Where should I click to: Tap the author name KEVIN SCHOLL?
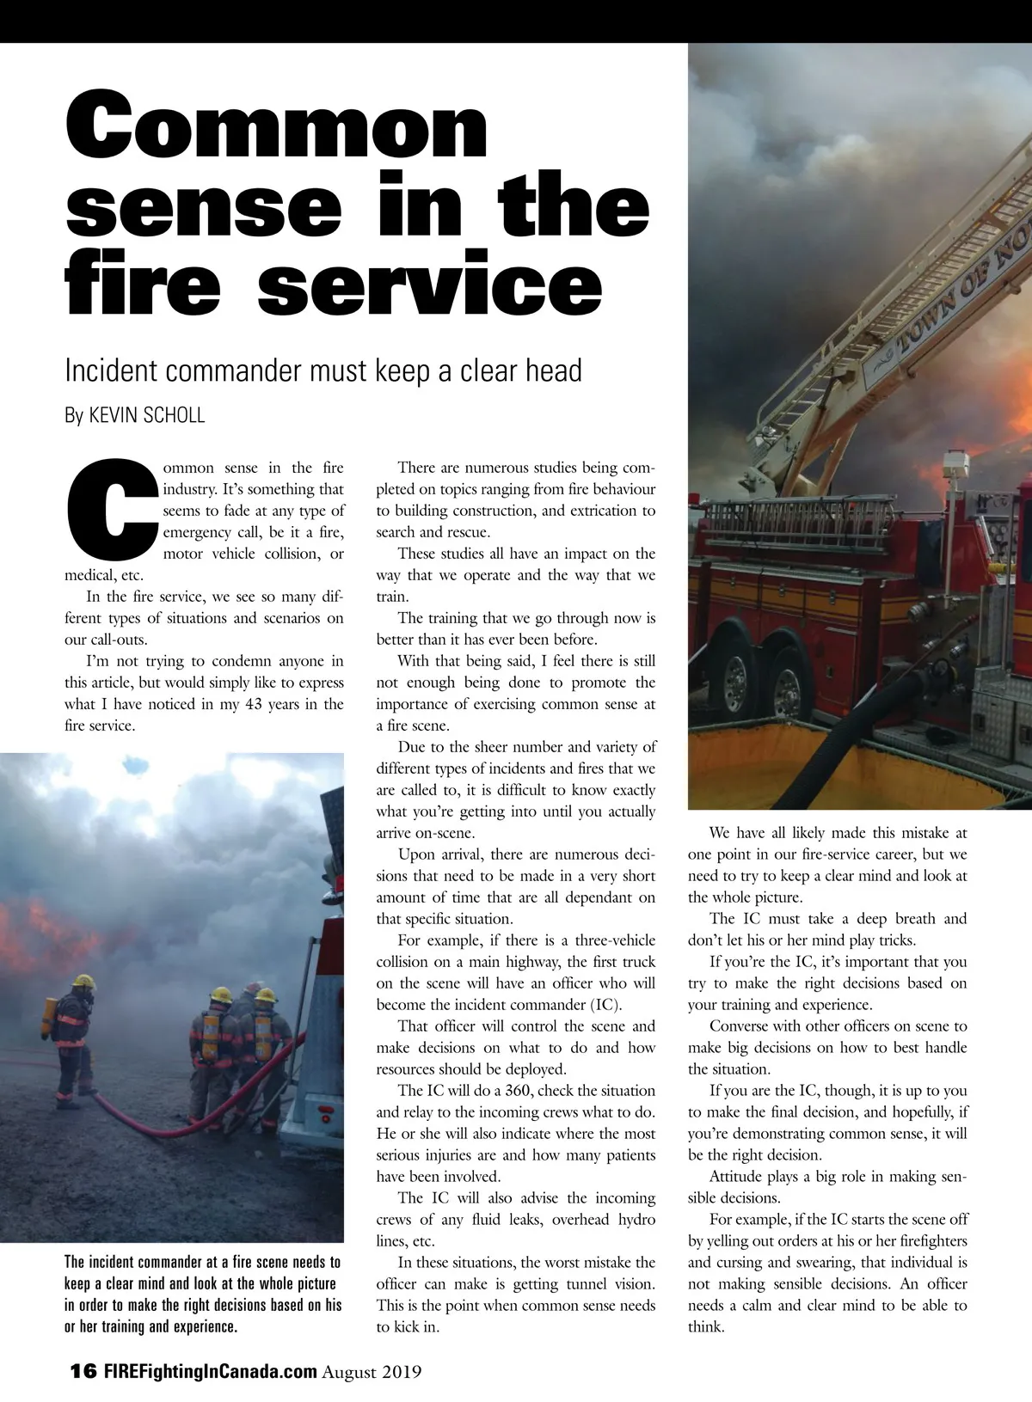tap(147, 416)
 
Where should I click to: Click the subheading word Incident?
tap(111, 370)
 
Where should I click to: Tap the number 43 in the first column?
tap(254, 704)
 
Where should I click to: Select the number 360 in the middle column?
tap(518, 1091)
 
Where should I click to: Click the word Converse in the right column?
tap(740, 1026)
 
